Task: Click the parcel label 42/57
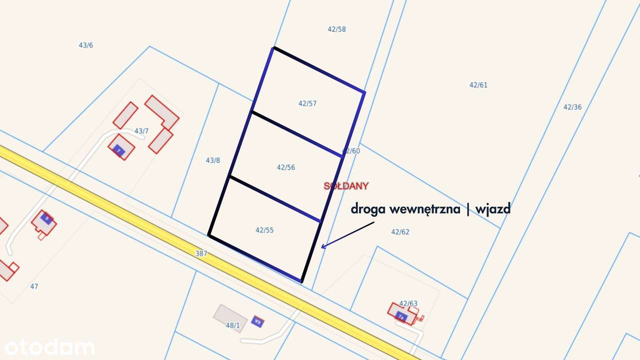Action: click(307, 103)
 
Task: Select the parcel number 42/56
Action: click(286, 167)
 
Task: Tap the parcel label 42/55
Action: click(264, 230)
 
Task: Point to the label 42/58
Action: click(336, 29)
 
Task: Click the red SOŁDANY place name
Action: click(346, 186)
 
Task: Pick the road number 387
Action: click(201, 253)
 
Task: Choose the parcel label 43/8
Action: click(213, 160)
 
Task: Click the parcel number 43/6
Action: click(86, 45)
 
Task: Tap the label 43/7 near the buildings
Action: click(141, 131)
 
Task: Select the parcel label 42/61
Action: click(478, 85)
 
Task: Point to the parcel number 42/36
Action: click(572, 107)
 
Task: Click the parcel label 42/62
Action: click(400, 232)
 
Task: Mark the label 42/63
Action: click(408, 303)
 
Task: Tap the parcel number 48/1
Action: click(233, 325)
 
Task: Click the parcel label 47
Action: click(34, 286)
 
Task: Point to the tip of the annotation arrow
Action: click(322, 247)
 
